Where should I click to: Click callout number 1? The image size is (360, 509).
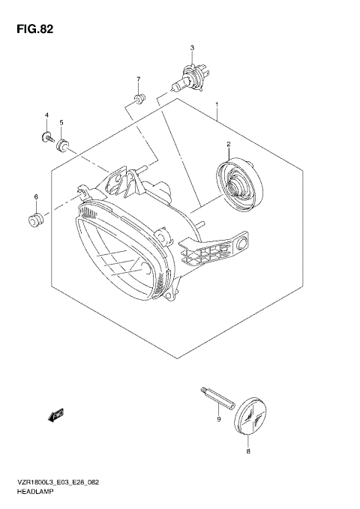[x=217, y=105]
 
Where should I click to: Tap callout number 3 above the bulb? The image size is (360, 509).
[x=192, y=49]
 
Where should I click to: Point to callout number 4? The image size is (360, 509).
[x=46, y=115]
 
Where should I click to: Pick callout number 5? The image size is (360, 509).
[x=61, y=122]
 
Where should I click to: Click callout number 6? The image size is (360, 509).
[x=35, y=197]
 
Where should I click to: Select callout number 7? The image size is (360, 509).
[x=138, y=79]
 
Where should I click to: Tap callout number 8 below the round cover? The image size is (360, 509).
[x=248, y=452]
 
